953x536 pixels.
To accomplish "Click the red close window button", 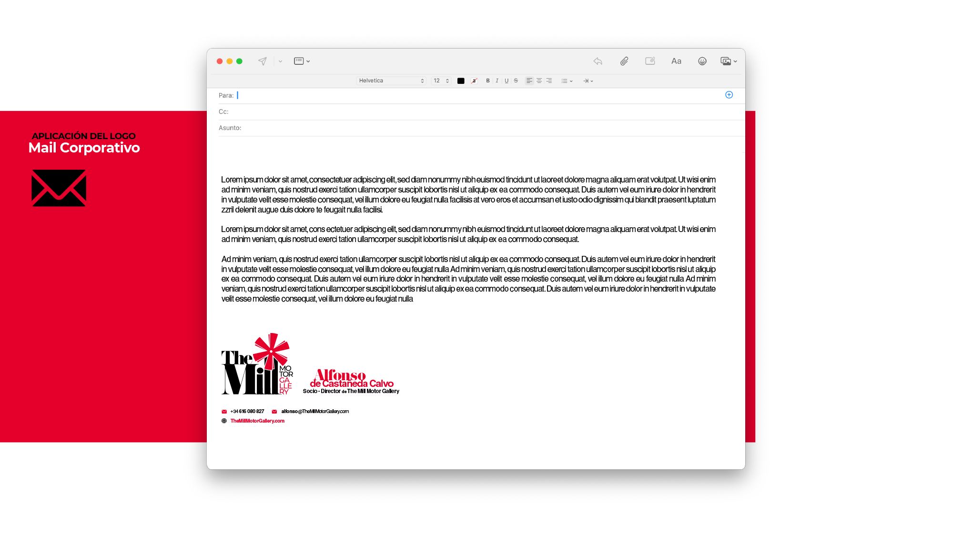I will pos(220,61).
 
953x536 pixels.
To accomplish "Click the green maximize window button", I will pos(240,61).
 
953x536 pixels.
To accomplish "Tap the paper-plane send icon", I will pos(263,61).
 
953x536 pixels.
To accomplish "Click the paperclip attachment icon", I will pos(624,61).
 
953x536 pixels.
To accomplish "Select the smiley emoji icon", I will pos(702,61).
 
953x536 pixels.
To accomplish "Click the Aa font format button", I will pos(676,61).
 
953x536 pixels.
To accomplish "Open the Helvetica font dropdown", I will pos(391,81).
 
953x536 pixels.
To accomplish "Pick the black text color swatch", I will pos(461,81).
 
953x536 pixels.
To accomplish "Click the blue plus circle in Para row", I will pos(729,95).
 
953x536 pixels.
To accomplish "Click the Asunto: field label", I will pos(230,128).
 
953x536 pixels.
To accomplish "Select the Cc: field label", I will pos(223,112).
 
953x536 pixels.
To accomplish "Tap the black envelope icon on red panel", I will pos(59,188).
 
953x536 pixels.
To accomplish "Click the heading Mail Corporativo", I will pos(84,148).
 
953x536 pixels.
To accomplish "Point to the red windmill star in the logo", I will pos(271,351).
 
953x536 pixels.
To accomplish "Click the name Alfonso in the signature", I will pos(341,375).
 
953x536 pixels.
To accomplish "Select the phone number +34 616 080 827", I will pos(247,412).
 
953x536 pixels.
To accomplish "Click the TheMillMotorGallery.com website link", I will pos(257,421).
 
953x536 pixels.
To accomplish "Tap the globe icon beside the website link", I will pos(224,421).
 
